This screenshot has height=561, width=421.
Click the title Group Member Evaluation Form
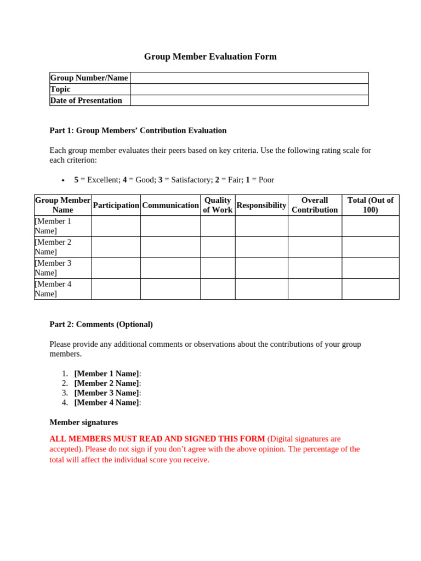pos(210,56)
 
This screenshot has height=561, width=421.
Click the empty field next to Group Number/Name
pos(249,78)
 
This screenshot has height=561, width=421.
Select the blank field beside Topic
pos(249,89)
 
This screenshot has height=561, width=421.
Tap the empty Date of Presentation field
pos(249,100)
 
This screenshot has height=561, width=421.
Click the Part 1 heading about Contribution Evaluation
pos(138,130)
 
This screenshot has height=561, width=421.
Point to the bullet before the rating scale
pos(63,180)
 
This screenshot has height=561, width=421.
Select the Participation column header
pos(116,205)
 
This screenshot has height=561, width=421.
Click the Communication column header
pos(170,205)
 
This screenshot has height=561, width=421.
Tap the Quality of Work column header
pos(218,205)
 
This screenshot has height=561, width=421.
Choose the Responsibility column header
pos(261,205)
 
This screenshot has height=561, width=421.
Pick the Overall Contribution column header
pos(315,205)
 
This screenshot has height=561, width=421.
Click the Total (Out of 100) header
pos(370,205)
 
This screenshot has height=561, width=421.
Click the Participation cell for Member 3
pos(116,268)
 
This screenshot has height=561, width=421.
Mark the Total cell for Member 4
pos(370,289)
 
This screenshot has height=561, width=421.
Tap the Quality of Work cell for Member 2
pos(218,247)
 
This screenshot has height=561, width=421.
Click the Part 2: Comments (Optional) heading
pos(101,324)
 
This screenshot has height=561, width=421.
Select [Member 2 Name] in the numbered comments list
pos(106,383)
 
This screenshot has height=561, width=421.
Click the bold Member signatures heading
pos(83,422)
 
